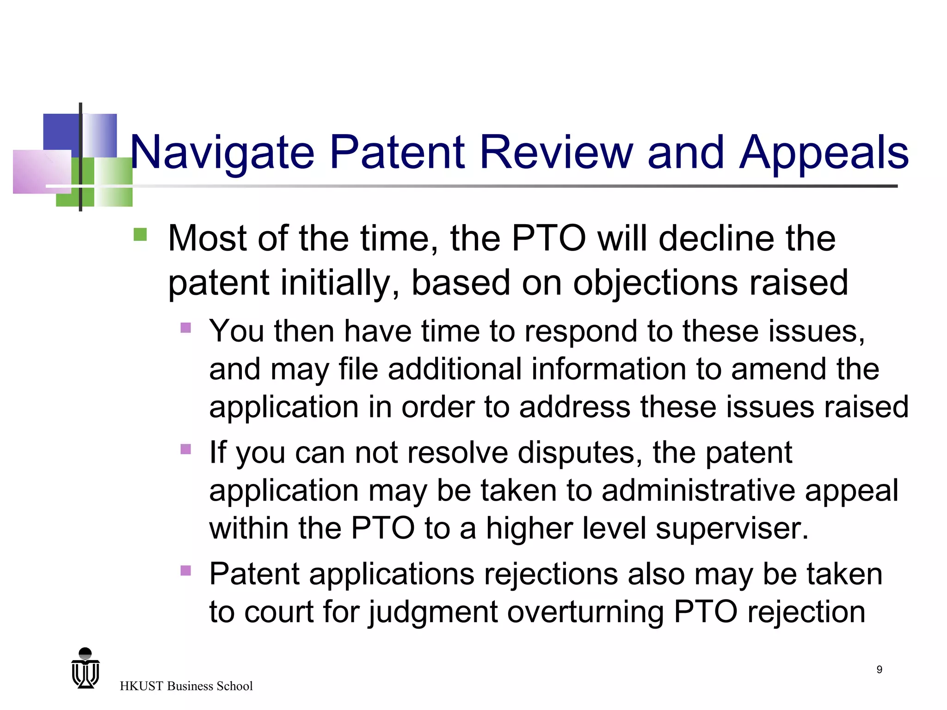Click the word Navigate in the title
pos(222,153)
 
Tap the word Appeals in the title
pos(824,153)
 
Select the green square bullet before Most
pos(140,234)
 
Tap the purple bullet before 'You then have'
pos(186,328)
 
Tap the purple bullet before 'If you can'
pos(186,449)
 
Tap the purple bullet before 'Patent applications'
pos(186,570)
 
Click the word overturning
pos(585,612)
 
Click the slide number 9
pos(879,669)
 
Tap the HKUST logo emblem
pos(86,668)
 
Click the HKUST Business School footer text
pos(186,686)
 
